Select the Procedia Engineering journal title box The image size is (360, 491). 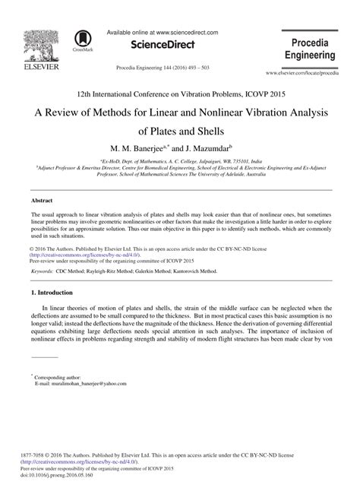[x=314, y=47]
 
